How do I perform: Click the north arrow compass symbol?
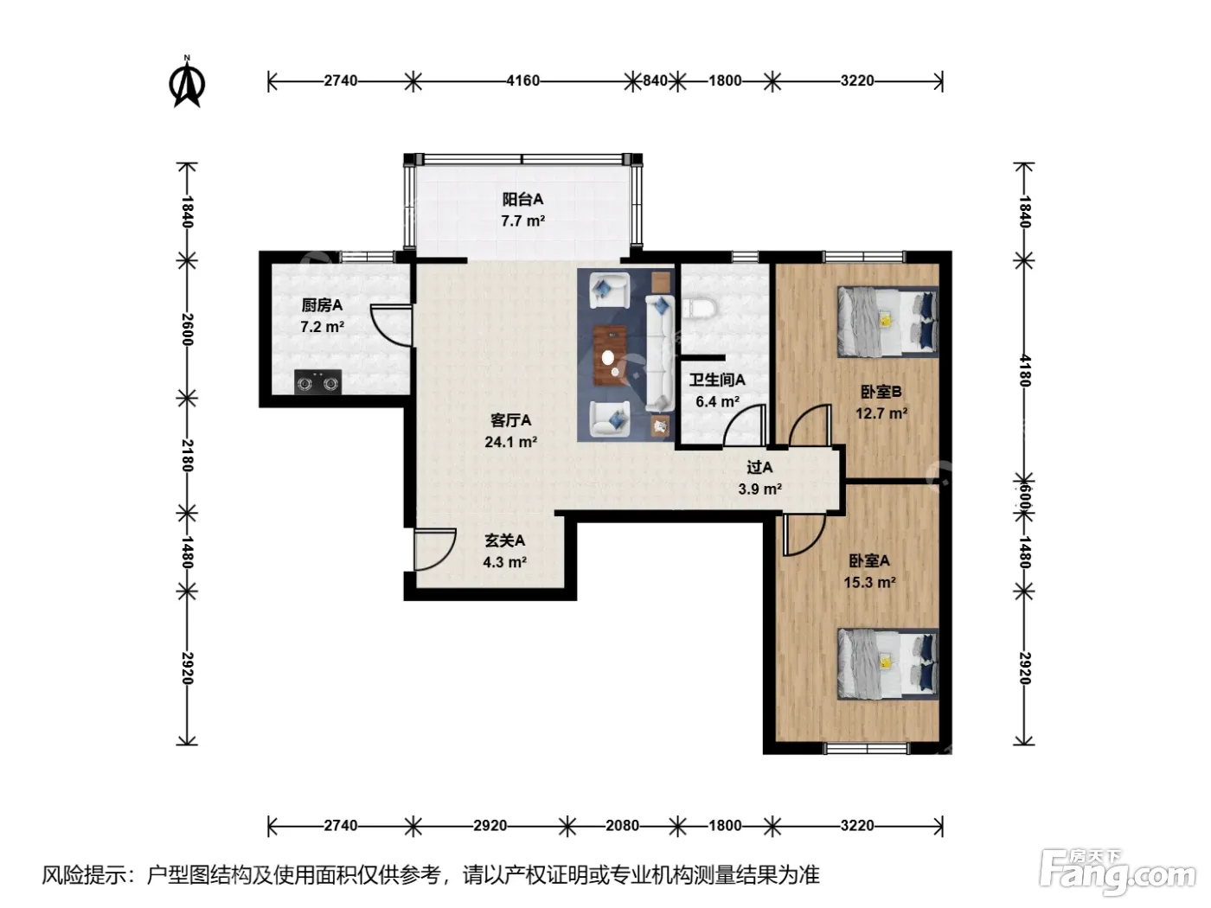[x=187, y=83]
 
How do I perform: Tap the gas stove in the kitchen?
[x=317, y=381]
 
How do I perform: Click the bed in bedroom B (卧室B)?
[x=887, y=322]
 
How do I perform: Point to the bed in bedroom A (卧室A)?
[x=887, y=664]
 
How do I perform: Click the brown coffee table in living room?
[x=610, y=355]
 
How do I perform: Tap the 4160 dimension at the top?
[x=522, y=81]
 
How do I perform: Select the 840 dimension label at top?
[x=655, y=81]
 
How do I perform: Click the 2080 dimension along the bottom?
[x=622, y=825]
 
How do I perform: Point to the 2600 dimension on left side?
[x=188, y=329]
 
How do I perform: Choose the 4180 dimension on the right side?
[x=1024, y=370]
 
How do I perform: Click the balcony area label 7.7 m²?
[x=523, y=221]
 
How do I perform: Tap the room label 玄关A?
[x=505, y=540]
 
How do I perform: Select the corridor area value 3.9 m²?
[x=759, y=489]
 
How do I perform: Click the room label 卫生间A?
[x=717, y=380]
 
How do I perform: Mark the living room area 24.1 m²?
[x=511, y=442]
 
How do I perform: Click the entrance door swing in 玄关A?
[x=435, y=550]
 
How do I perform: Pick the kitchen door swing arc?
[x=391, y=325]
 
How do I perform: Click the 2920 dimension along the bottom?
[x=490, y=825]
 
